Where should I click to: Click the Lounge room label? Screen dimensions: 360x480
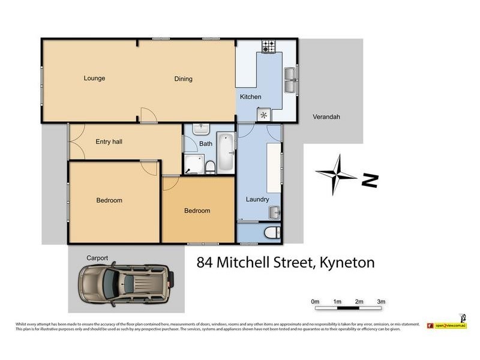(95, 79)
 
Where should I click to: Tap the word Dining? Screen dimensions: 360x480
(184, 79)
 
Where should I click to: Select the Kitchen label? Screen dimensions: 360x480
(251, 97)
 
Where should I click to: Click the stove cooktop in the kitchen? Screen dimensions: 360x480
(268, 46)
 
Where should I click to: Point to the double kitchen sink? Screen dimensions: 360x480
(290, 80)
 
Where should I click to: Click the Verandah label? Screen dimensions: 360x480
(326, 117)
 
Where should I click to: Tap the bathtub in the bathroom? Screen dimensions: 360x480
(226, 151)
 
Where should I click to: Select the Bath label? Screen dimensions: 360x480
(206, 144)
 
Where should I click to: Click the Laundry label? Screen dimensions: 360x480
(257, 199)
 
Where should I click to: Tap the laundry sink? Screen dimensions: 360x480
(275, 212)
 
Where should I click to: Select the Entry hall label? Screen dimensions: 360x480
(109, 142)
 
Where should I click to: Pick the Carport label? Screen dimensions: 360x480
(97, 258)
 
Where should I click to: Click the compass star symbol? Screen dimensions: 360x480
(337, 175)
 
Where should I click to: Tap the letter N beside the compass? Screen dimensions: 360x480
(370, 180)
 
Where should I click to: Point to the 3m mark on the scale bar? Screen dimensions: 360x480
(381, 301)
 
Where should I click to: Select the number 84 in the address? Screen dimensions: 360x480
(206, 263)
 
